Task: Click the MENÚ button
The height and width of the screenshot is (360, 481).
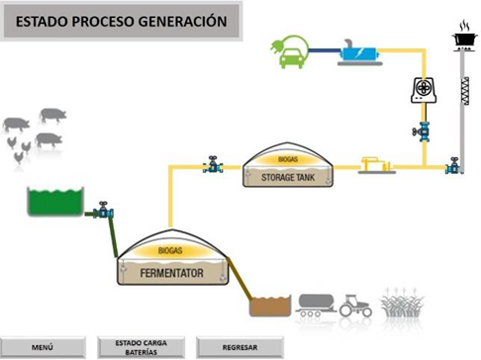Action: pos(42,347)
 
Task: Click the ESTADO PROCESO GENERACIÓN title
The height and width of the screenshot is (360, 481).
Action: pos(122,21)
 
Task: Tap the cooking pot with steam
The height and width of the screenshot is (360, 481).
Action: pos(462,37)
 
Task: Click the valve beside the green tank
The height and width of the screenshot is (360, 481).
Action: pos(103,211)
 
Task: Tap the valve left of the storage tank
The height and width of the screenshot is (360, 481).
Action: pos(212,166)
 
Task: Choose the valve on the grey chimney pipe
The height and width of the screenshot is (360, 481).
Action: pos(452,167)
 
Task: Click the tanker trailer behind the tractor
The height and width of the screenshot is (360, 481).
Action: pos(315,304)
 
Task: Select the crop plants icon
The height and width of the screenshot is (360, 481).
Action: pos(400,305)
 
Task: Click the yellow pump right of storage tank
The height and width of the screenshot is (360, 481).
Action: pos(375,163)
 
